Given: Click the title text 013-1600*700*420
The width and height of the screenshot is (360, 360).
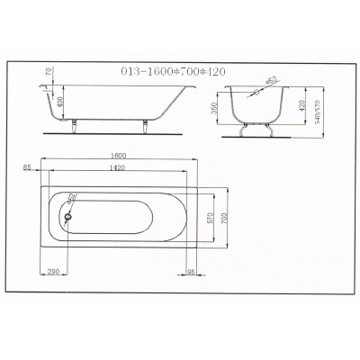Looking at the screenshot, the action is [x=173, y=72].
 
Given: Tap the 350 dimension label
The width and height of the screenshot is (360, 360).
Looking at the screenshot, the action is [x=214, y=108].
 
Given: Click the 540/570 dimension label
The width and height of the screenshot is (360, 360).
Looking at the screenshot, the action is [x=318, y=112].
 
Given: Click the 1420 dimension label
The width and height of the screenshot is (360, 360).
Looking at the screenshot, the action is [x=117, y=168].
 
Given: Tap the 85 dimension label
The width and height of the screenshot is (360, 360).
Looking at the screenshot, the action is [x=27, y=168].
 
